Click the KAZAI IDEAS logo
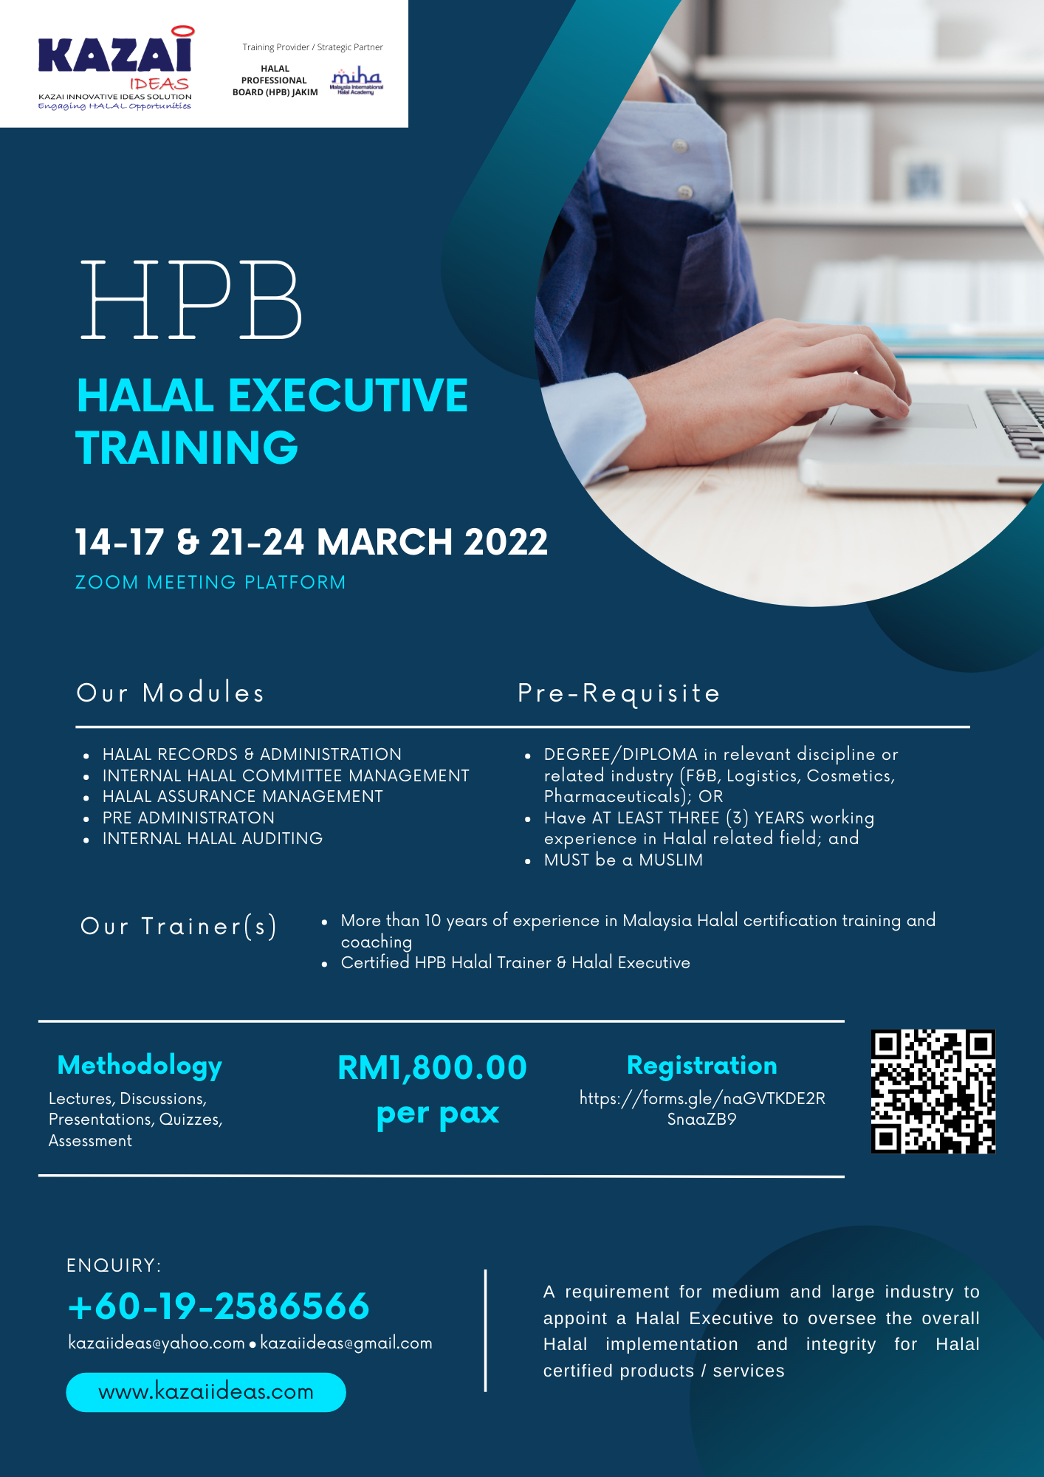[x=116, y=69]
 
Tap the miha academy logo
[x=357, y=80]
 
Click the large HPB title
[x=191, y=300]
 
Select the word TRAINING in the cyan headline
[x=187, y=448]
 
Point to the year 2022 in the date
[x=506, y=542]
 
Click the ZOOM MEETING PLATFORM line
[x=210, y=583]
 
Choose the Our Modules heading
[x=171, y=693]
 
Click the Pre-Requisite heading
[x=619, y=693]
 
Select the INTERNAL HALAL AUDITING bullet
[x=213, y=839]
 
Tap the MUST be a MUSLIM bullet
[x=623, y=860]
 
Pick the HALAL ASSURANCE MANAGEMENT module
[x=243, y=797]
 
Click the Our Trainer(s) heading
[x=179, y=926]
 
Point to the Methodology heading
[x=140, y=1066]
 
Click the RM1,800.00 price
[x=433, y=1068]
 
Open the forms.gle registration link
[x=702, y=1108]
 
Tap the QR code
[x=933, y=1092]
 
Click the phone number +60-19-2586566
[x=219, y=1306]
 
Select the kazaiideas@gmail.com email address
[x=346, y=1343]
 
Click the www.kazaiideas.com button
[x=206, y=1392]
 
